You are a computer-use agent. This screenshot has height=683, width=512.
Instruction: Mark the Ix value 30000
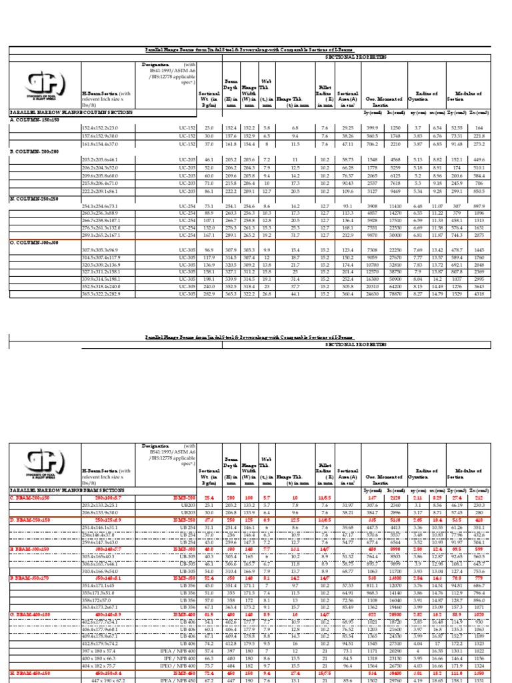pyautogui.click(x=395, y=235)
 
